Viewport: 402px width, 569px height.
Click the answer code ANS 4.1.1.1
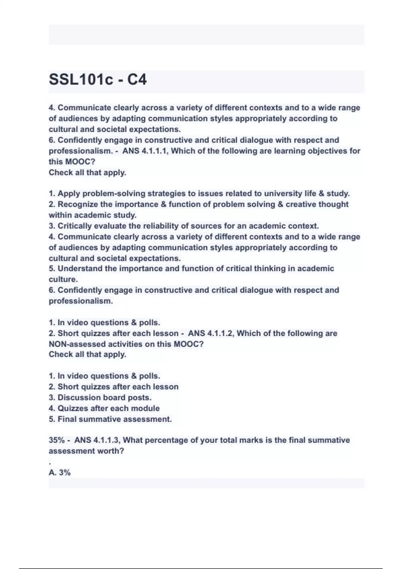point(146,151)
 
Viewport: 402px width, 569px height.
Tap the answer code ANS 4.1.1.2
point(212,333)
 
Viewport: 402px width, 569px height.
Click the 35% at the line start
point(57,440)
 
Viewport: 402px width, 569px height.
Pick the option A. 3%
point(60,473)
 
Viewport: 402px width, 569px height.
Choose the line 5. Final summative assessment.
point(110,419)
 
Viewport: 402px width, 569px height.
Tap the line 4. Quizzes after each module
point(104,408)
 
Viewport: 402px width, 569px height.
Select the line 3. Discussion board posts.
point(100,398)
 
